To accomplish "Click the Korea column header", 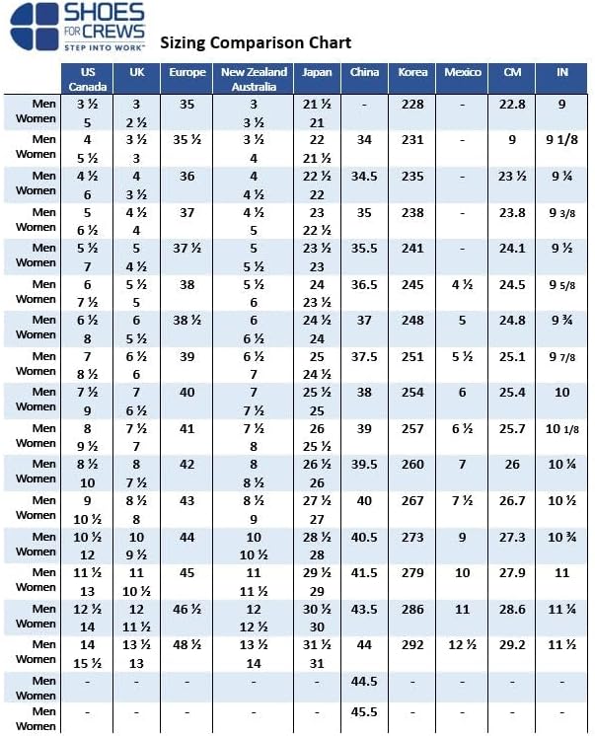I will pos(413,73).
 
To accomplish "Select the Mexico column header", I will pos(463,73).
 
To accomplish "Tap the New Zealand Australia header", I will pos(254,79).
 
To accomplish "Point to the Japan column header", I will pos(318,73).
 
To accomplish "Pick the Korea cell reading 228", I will pos(413,104).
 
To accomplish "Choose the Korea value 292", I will pos(413,643).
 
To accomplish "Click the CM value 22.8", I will pos(512,104).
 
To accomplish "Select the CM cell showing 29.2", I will pos(512,643).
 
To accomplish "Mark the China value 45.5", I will pos(365,712).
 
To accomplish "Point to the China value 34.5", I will pos(365,176).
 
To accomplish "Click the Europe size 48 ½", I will pos(187,643).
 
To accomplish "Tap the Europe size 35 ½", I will pos(187,140).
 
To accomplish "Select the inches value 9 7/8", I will pos(562,356).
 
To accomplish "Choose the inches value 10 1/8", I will pos(562,428).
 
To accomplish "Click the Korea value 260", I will pos(413,464).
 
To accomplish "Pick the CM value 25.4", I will pos(512,392).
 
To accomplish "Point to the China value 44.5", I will pos(365,680).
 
